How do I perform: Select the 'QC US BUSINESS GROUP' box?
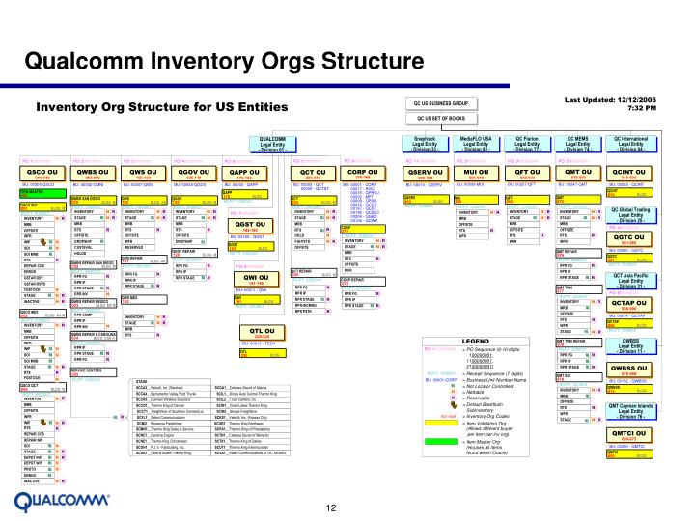(441, 103)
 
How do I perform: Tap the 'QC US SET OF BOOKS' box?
(441, 119)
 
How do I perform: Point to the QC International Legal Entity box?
(633, 144)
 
